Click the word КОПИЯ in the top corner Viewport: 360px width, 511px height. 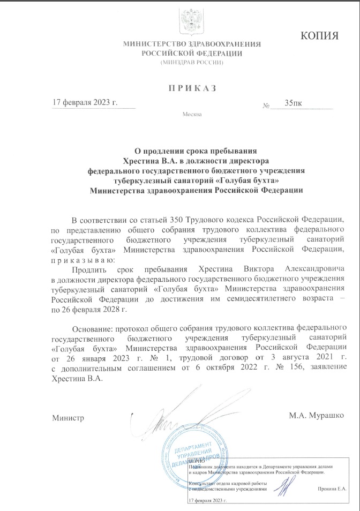[320, 36]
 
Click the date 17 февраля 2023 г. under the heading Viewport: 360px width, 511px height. [84, 102]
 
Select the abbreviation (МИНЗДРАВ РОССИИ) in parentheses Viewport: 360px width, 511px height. [192, 63]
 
